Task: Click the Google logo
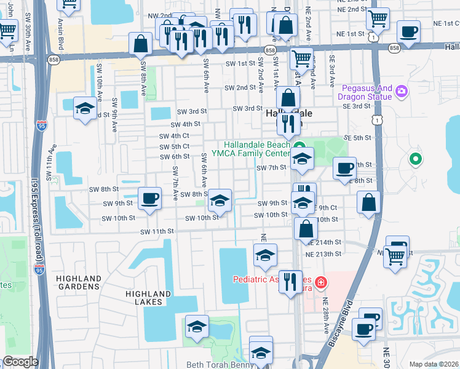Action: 21,362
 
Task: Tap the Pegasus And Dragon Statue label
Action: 365,92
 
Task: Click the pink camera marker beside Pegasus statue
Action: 402,92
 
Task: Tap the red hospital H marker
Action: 320,284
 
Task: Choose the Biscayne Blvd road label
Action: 341,322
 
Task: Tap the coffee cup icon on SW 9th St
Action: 149,199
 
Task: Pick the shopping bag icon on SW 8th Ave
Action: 141,44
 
